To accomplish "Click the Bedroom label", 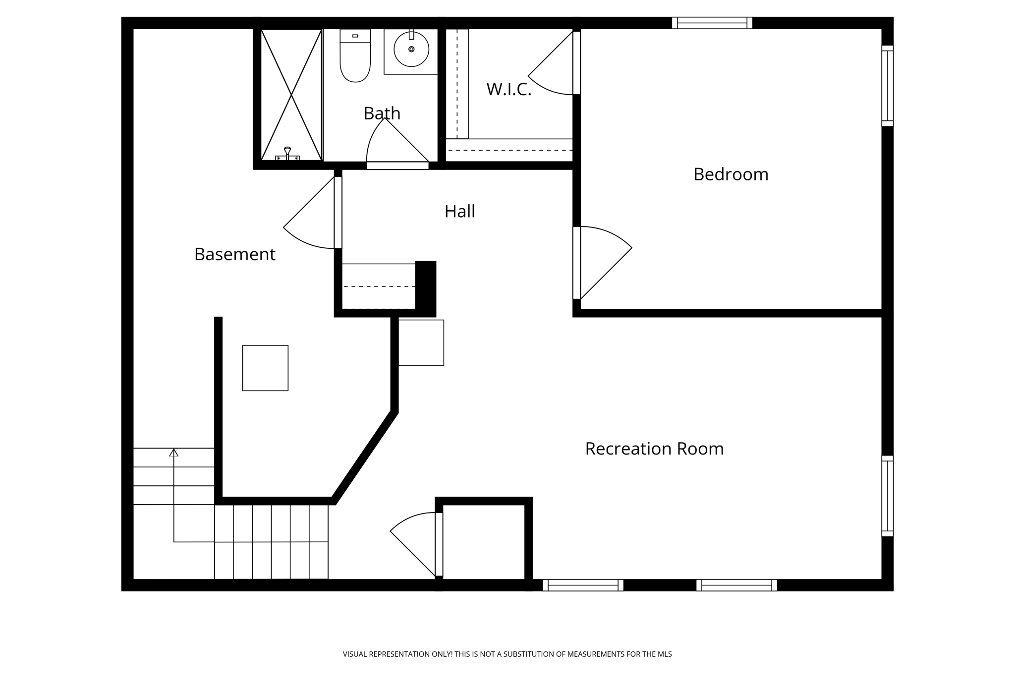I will [731, 174].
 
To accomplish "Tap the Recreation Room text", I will [654, 449].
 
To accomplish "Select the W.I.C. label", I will [508, 90].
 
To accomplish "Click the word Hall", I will [459, 212].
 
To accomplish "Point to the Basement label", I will [234, 254].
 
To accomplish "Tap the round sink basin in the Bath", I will [411, 49].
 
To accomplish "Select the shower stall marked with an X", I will [291, 94].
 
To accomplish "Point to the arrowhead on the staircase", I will [173, 452].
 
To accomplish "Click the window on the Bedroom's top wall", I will [712, 23].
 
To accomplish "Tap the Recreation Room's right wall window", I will [887, 496].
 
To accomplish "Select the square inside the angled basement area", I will [265, 368].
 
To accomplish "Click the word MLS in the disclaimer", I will [665, 654].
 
